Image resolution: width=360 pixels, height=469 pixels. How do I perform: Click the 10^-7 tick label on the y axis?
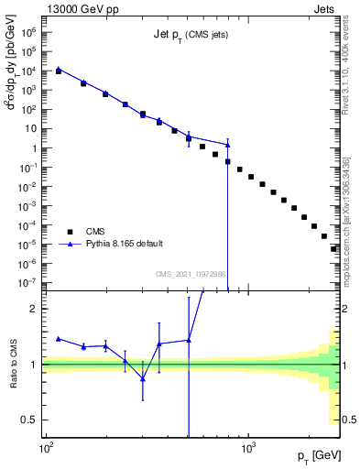click(27, 283)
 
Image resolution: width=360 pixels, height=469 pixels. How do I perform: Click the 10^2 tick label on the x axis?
click(45, 449)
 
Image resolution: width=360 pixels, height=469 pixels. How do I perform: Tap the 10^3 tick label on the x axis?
click(247, 449)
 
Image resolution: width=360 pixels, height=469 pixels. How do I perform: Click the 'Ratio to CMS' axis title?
click(14, 365)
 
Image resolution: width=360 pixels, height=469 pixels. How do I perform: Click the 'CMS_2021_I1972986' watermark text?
click(191, 274)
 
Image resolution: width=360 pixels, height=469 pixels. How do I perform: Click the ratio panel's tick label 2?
click(33, 309)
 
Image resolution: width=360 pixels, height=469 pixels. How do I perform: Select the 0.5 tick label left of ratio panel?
click(29, 420)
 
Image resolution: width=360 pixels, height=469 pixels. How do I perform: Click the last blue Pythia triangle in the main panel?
click(227, 145)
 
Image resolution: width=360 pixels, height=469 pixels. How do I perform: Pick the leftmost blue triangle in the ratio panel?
click(59, 338)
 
